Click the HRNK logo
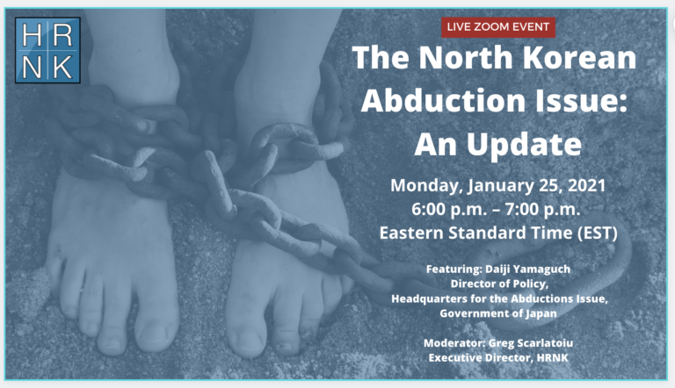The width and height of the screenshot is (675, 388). (x=47, y=50)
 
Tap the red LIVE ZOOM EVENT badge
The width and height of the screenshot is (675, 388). (x=498, y=27)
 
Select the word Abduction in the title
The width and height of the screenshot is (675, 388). (x=443, y=100)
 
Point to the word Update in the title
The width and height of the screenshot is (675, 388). (x=524, y=145)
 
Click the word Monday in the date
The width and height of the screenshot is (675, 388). (x=426, y=186)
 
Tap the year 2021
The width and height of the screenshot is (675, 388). (x=587, y=185)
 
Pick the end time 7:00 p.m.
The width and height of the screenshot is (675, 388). (x=543, y=210)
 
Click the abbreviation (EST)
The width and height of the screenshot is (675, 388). (x=598, y=234)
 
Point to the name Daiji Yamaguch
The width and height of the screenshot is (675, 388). (x=527, y=269)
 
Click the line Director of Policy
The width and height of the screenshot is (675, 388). (x=499, y=284)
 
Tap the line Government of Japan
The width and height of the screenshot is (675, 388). (x=498, y=313)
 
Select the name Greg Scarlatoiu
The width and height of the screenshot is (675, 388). (x=531, y=343)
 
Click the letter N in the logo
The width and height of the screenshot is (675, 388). (x=32, y=68)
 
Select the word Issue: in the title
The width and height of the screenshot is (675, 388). (x=580, y=100)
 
